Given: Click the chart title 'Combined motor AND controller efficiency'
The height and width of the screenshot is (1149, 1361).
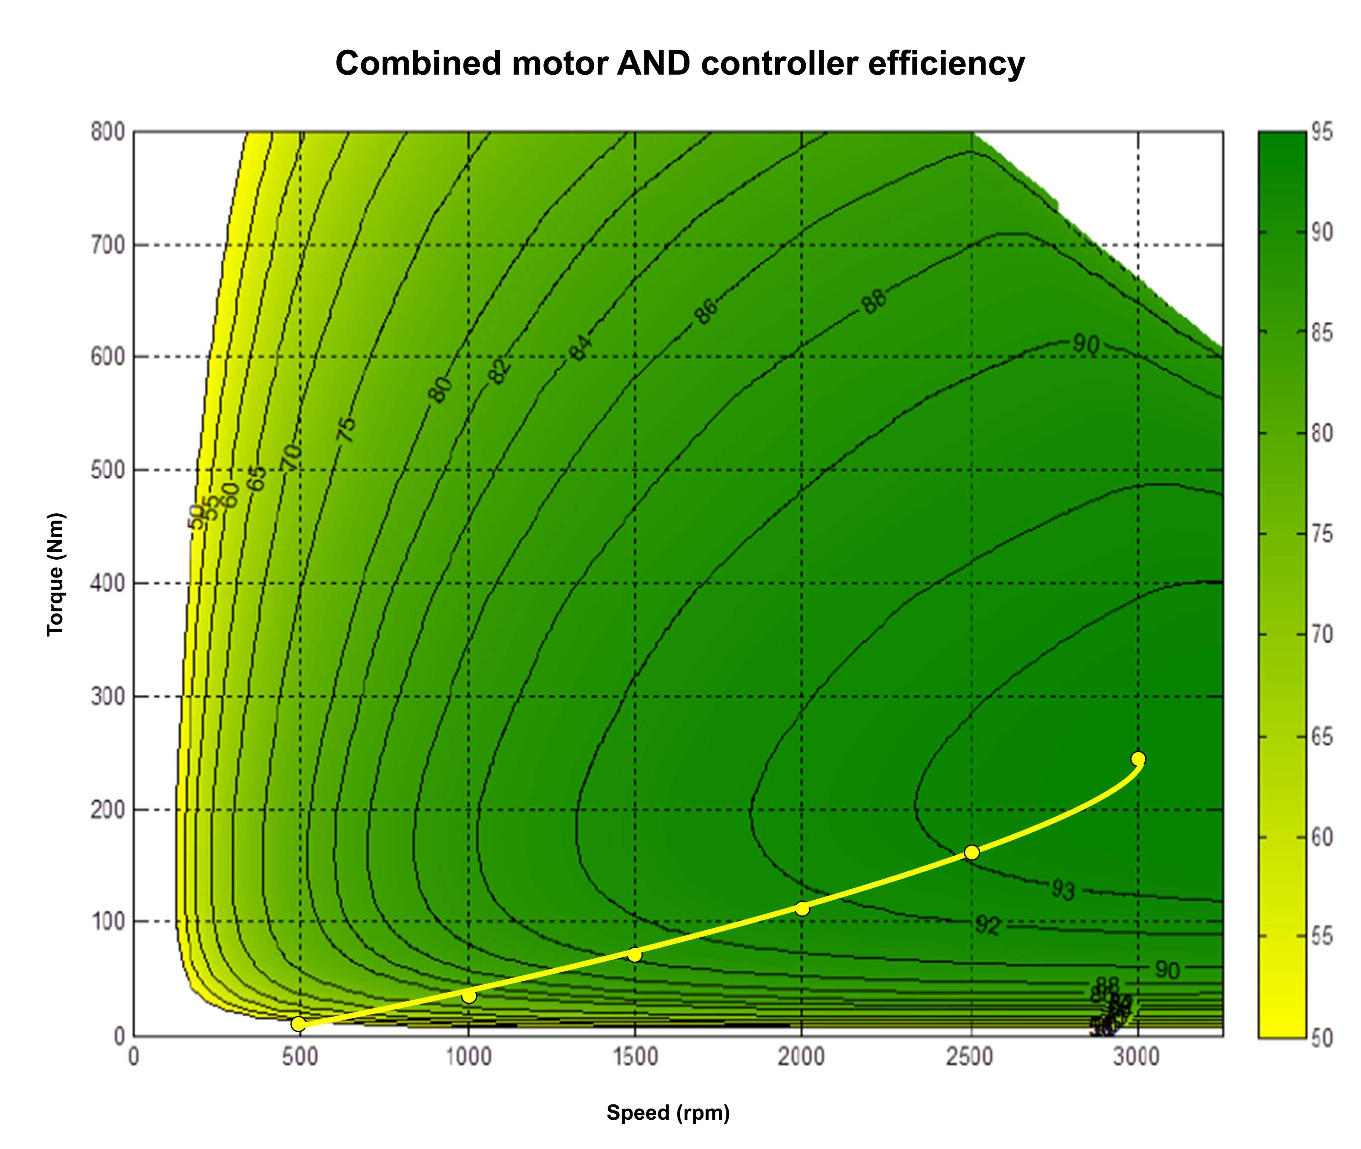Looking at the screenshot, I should [x=680, y=64].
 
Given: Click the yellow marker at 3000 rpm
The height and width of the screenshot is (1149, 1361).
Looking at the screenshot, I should [x=1138, y=758].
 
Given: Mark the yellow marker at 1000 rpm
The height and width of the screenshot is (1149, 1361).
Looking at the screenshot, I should [x=469, y=996].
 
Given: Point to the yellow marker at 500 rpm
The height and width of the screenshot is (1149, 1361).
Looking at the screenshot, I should [x=298, y=1024].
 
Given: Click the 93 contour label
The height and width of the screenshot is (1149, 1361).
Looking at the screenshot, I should [x=1063, y=889].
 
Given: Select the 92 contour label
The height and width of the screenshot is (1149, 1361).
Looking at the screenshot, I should [x=987, y=925].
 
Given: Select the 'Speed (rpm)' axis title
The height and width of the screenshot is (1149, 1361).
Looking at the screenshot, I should [x=668, y=1112].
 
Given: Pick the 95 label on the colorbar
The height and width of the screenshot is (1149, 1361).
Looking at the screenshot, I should [x=1322, y=132].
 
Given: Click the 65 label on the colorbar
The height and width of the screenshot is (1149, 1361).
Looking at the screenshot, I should [x=1322, y=737].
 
